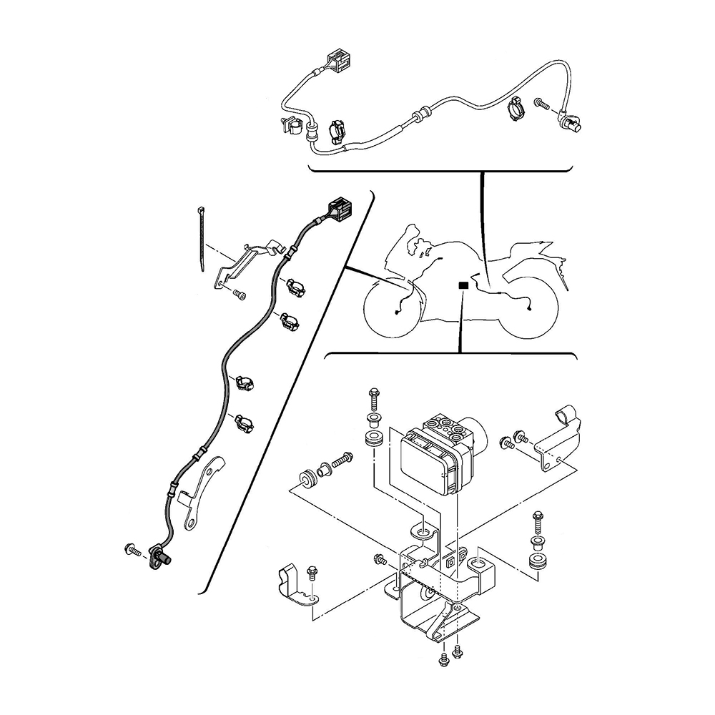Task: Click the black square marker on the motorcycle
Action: tap(463, 285)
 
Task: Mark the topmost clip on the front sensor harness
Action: tap(296, 287)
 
